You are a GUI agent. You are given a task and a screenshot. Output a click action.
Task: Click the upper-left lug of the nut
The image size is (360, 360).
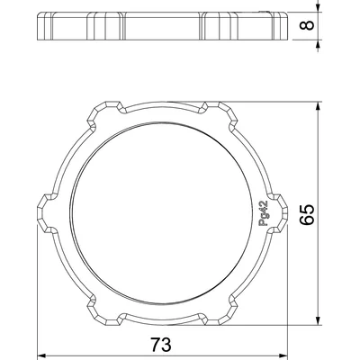point(99,115)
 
